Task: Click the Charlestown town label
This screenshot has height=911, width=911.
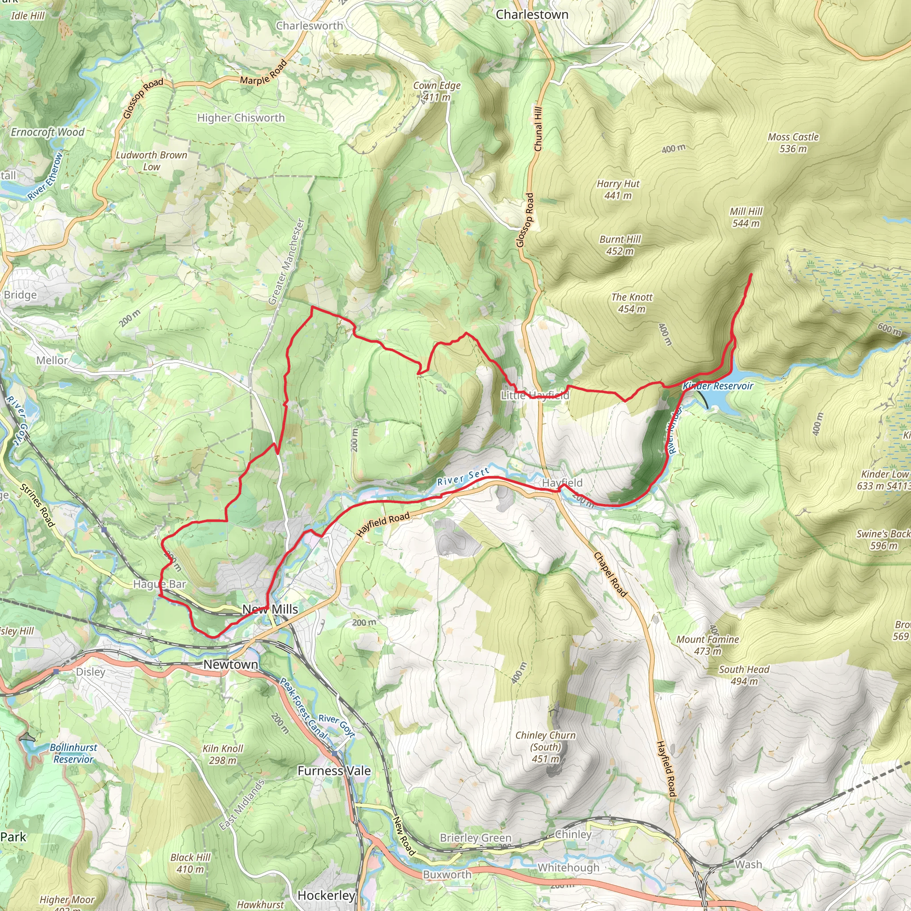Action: [532, 15]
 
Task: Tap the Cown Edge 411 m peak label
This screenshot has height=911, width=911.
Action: [437, 92]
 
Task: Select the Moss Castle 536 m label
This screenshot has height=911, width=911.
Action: [793, 143]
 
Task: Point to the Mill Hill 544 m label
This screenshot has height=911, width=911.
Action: [746, 218]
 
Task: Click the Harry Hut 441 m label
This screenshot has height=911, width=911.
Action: [618, 189]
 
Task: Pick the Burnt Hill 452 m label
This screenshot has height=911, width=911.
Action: [620, 245]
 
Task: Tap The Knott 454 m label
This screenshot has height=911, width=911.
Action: [632, 303]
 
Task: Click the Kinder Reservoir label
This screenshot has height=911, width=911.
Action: [718, 386]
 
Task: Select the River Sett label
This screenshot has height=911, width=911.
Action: [463, 476]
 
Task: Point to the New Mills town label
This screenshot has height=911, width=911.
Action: [270, 609]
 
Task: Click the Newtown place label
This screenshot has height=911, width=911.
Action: [230, 665]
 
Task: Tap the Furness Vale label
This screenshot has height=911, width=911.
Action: [334, 770]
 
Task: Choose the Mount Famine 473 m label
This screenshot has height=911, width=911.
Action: [707, 645]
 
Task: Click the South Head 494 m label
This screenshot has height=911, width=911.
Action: [744, 675]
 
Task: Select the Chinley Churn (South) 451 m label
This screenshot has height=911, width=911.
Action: [545, 747]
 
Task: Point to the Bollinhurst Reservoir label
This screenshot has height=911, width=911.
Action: [73, 753]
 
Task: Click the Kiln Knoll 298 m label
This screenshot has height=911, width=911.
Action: [222, 754]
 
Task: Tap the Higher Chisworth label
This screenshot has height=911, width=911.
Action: [241, 118]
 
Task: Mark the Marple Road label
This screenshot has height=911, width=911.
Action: [264, 73]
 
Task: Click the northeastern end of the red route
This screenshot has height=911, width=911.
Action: [751, 274]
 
